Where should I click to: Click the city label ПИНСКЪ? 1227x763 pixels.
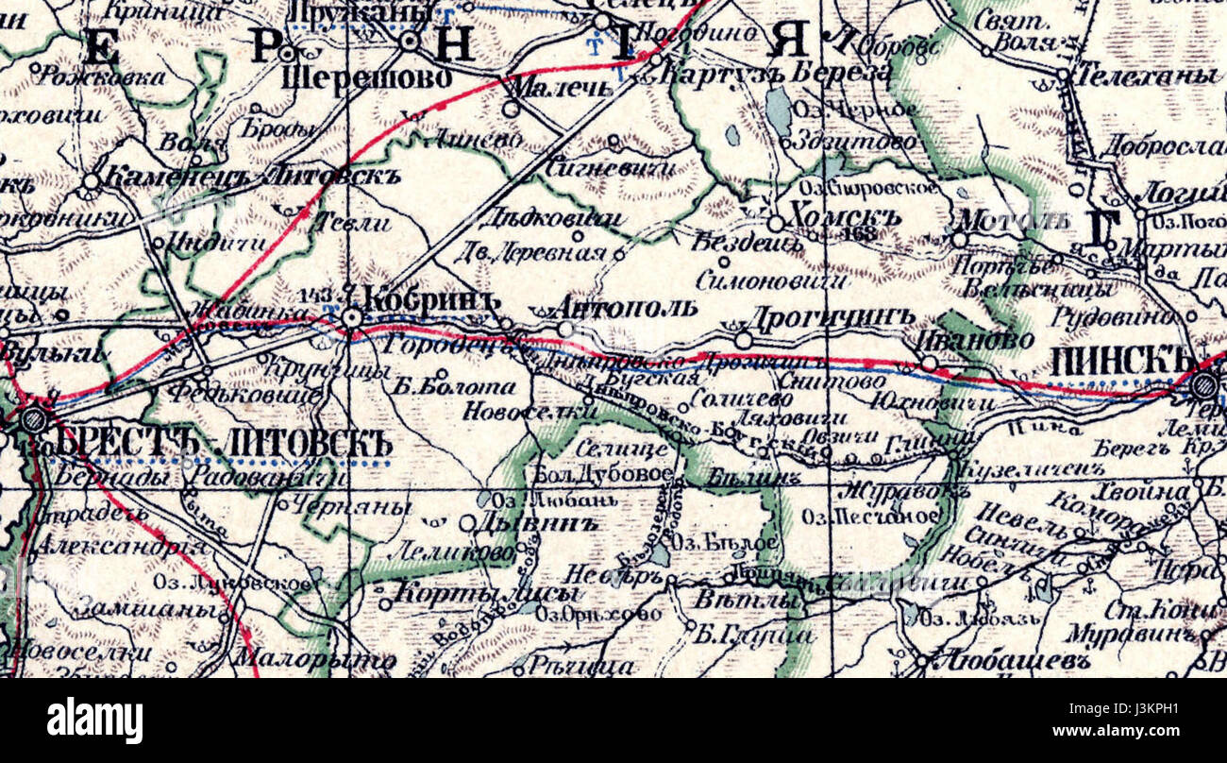pos(1122,359)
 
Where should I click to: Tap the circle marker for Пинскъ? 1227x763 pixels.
pos(1203,384)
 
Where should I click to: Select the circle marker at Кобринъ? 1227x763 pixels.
pos(352,319)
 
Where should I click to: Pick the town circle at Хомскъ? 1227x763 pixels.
pos(775,224)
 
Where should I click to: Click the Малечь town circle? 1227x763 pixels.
pos(511,110)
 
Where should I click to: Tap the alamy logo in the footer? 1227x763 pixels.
pos(94,721)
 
